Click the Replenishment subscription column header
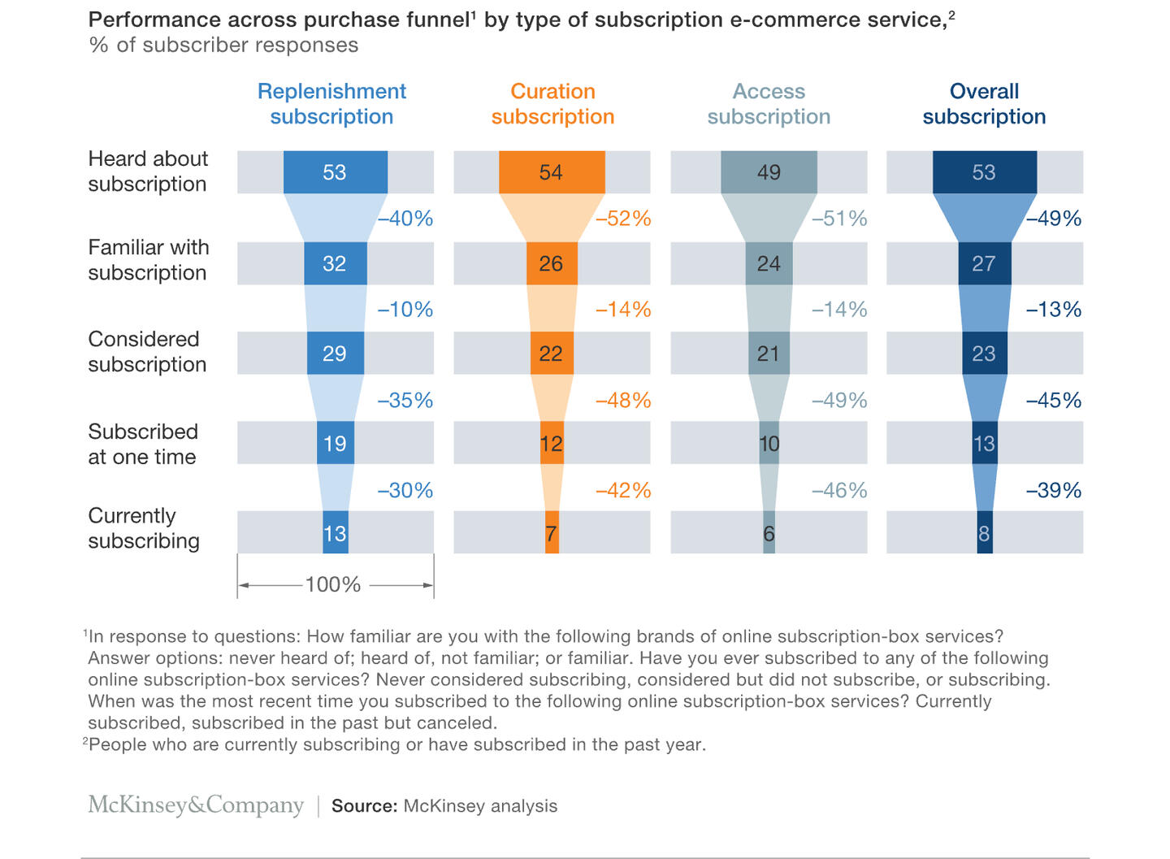pyautogui.click(x=331, y=104)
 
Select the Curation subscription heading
pyautogui.click(x=552, y=104)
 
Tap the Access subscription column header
pyautogui.click(x=769, y=104)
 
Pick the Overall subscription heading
pyautogui.click(x=984, y=104)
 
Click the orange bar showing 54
pyautogui.click(x=552, y=172)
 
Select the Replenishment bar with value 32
pyautogui.click(x=335, y=263)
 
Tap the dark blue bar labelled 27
pyautogui.click(x=984, y=263)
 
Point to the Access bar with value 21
pyautogui.click(x=769, y=354)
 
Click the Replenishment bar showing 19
pyautogui.click(x=335, y=444)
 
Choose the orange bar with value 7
pyautogui.click(x=552, y=533)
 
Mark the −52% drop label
pyautogui.click(x=623, y=219)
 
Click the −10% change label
pyautogui.click(x=405, y=310)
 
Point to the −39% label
pyautogui.click(x=1053, y=491)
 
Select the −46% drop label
pyautogui.click(x=838, y=491)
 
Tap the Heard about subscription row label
pyautogui.click(x=148, y=171)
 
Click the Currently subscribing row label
pyautogui.click(x=144, y=528)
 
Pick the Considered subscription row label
pyautogui.click(x=147, y=352)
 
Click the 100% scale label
pyautogui.click(x=333, y=585)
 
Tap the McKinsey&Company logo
pyautogui.click(x=196, y=805)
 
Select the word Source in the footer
pyautogui.click(x=364, y=806)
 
